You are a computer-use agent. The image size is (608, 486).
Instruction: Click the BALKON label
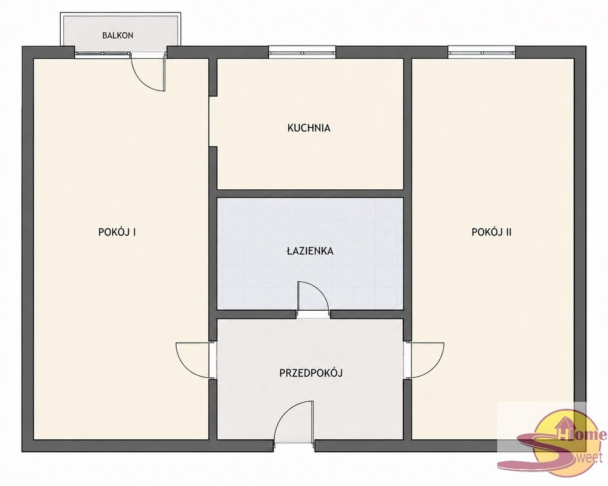pyautogui.click(x=118, y=35)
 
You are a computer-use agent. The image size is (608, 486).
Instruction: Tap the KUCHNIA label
pyautogui.click(x=308, y=128)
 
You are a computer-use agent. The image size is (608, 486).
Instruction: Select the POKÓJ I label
pyautogui.click(x=117, y=232)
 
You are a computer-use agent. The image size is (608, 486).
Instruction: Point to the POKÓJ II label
pyautogui.click(x=491, y=232)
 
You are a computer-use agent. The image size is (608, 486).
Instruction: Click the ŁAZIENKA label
pyautogui.click(x=310, y=251)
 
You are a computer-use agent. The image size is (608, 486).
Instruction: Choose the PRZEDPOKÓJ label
pyautogui.click(x=311, y=373)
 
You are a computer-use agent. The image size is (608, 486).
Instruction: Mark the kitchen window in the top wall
pyautogui.click(x=303, y=52)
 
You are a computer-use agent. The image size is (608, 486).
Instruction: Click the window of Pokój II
pyautogui.click(x=481, y=52)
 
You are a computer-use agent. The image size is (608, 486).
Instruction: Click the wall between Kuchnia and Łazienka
pyautogui.click(x=310, y=194)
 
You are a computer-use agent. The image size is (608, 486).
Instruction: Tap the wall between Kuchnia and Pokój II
pyautogui.click(x=407, y=124)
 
